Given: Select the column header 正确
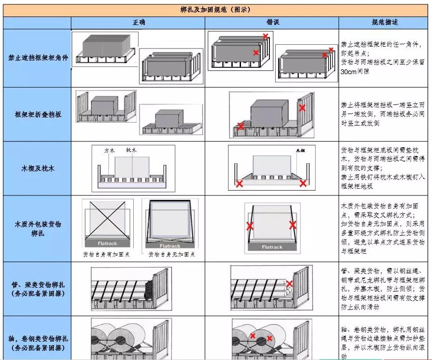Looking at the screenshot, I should [x=139, y=23].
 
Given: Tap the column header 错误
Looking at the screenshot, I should [x=273, y=23].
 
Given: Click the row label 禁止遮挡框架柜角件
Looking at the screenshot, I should [x=38, y=58].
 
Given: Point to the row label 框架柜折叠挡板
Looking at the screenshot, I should [x=38, y=115].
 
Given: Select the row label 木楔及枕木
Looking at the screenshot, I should [x=38, y=168].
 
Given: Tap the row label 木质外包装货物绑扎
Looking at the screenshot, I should [x=38, y=229].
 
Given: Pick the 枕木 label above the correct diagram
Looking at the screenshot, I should [x=131, y=150].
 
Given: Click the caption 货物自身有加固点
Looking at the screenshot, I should [x=106, y=254].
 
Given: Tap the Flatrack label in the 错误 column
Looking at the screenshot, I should [x=272, y=247].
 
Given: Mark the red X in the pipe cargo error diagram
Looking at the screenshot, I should [x=290, y=283].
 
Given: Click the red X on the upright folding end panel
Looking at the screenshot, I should [x=302, y=108].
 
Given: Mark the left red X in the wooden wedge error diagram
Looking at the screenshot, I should [x=239, y=183].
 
